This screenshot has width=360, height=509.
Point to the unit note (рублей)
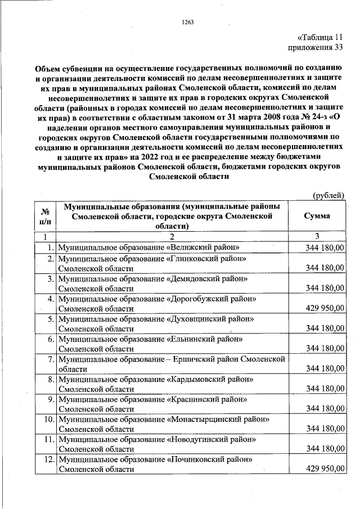[x=328, y=195]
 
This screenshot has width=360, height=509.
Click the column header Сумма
[x=317, y=216]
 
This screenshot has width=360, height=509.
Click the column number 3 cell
[x=317, y=236]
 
